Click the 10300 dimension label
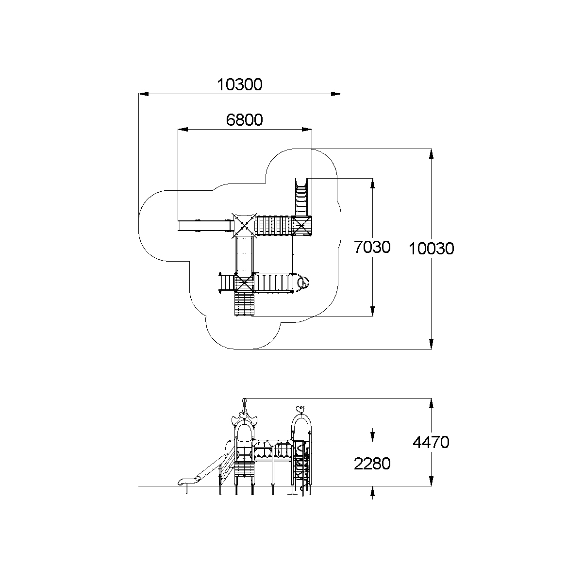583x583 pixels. (239, 85)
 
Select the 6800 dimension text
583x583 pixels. (244, 120)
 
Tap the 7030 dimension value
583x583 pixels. (372, 248)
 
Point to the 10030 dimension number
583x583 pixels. (431, 249)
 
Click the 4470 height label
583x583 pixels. (431, 442)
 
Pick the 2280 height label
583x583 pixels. (372, 464)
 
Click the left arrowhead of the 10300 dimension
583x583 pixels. (143, 94)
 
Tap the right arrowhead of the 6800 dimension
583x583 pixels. (307, 130)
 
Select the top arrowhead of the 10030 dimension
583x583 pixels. (431, 153)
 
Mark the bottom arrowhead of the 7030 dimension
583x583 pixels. (372, 311)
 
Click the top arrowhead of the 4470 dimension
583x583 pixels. (431, 403)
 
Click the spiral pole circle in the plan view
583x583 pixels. (303, 282)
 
